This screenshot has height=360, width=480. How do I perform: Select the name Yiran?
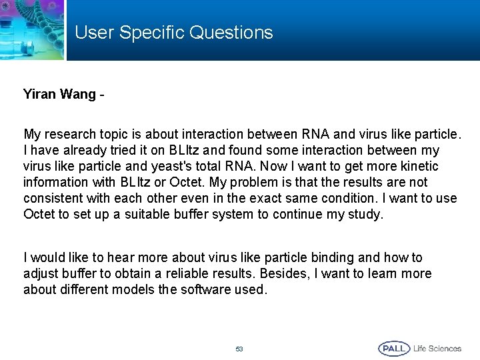[39, 95]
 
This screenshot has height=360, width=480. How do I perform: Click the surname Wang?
[78, 95]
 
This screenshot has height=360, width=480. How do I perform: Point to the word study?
[365, 214]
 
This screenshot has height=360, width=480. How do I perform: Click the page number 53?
[239, 349]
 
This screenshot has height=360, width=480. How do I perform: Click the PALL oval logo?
[394, 348]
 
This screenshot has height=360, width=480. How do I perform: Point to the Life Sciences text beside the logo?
[437, 348]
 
